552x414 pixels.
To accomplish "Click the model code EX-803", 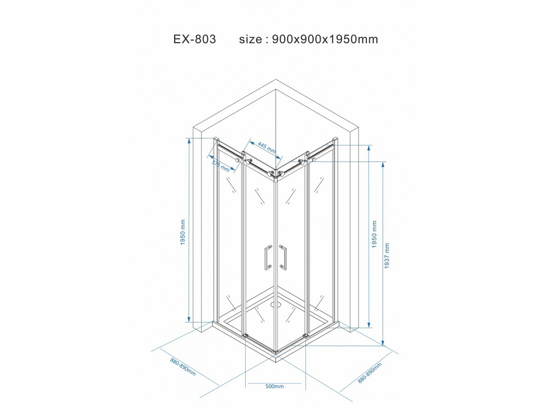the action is pyautogui.click(x=195, y=39).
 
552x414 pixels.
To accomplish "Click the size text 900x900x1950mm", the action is pyautogui.click(x=325, y=39).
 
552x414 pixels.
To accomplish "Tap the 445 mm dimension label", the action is pyautogui.click(x=267, y=148).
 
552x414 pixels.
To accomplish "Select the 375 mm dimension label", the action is pyautogui.click(x=220, y=167).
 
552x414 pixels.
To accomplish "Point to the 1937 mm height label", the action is pyautogui.click(x=387, y=256).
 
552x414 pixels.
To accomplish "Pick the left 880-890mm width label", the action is pyautogui.click(x=183, y=367).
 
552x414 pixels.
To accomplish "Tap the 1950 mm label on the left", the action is pyautogui.click(x=183, y=232).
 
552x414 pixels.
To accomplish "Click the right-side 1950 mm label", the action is pyautogui.click(x=374, y=234).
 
